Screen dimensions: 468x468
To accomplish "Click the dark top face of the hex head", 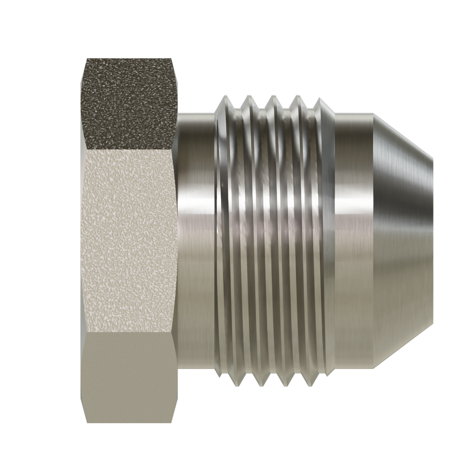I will click(x=128, y=102).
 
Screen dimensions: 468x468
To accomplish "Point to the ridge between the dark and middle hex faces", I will click(x=128, y=150).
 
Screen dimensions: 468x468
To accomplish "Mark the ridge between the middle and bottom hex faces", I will click(x=128, y=333).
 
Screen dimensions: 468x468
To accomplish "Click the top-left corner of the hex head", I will click(x=85, y=60).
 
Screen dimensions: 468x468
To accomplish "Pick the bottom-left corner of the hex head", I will click(x=85, y=423).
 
